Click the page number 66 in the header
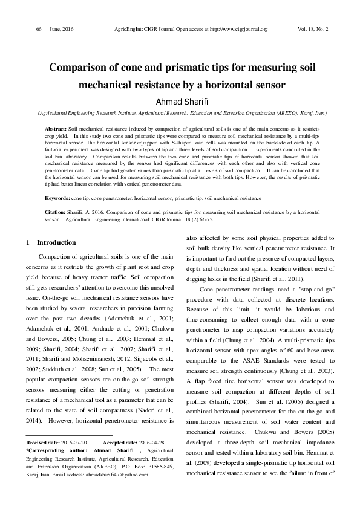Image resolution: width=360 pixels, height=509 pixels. pos(39,29)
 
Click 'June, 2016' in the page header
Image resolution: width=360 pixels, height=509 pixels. pos(62,29)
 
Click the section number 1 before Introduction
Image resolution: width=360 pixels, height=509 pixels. pos(28,242)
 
